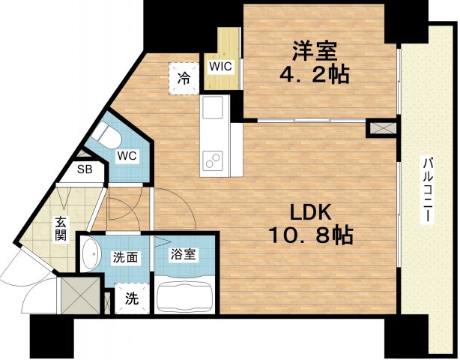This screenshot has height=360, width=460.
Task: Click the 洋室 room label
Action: click(314, 52)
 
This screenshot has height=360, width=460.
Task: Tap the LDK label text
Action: click(311, 212)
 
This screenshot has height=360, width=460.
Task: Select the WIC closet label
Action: click(220, 66)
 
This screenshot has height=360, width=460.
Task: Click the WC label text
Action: click(127, 156)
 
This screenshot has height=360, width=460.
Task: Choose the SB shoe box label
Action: click(85, 169)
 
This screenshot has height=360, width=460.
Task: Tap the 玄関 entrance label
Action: click(61, 229)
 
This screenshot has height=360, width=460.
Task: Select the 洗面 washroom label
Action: click(125, 257)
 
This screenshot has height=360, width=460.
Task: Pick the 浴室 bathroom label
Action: click(184, 254)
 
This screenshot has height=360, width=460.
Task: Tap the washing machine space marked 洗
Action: click(132, 298)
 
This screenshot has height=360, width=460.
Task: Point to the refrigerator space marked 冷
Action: click(184, 79)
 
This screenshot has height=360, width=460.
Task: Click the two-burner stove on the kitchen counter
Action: click(214, 160)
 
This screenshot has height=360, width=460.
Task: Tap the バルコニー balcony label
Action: click(426, 190)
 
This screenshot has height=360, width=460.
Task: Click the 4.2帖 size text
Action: click(314, 74)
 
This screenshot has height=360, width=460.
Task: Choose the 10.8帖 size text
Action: click(311, 235)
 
